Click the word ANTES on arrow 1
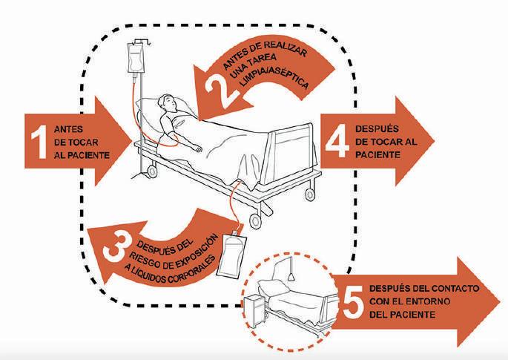tap(69, 127)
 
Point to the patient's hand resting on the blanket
tap(198, 147)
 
